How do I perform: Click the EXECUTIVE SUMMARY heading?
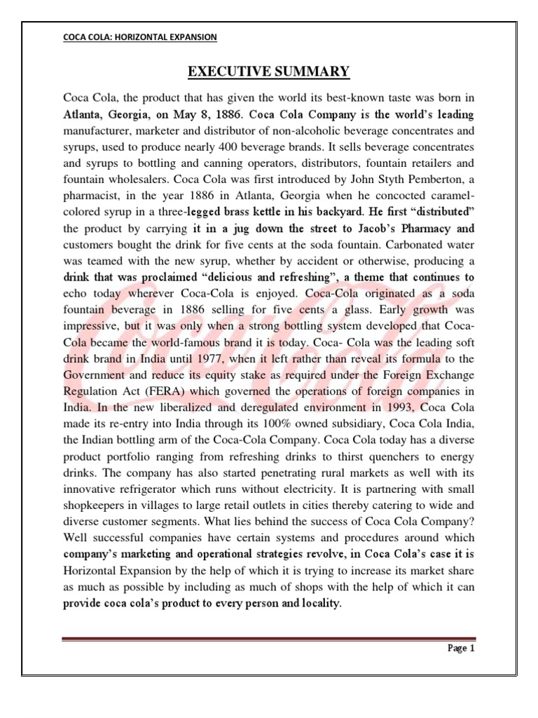268,72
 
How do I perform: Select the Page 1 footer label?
462,649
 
